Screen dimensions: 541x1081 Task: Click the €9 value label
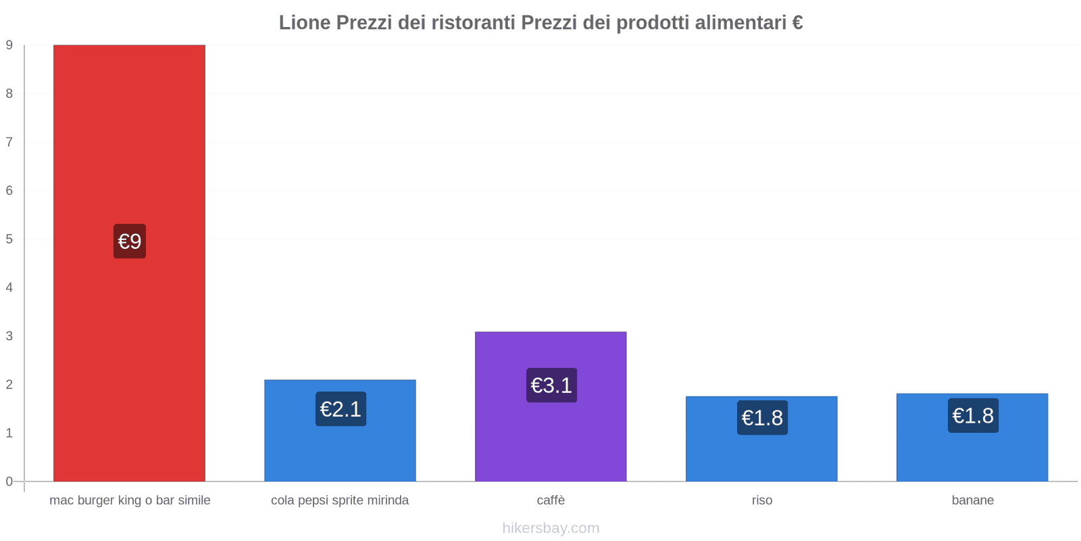[x=130, y=241]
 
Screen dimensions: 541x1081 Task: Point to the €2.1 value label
[x=341, y=409]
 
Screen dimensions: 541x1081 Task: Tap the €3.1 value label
[x=551, y=385]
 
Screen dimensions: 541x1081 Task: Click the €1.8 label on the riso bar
[x=762, y=418]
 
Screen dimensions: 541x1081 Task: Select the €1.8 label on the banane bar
[x=973, y=416]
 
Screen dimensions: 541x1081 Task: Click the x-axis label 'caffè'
[x=551, y=500]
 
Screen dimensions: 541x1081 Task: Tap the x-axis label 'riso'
[x=762, y=500]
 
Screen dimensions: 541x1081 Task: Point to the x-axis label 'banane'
[x=972, y=500]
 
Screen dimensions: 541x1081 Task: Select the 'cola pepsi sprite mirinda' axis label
[x=340, y=500]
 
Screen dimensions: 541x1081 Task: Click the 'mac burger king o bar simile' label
[x=130, y=500]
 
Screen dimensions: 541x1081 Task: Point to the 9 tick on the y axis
[x=9, y=45]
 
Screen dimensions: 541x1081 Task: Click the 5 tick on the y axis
[x=9, y=239]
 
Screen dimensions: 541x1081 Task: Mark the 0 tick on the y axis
[x=9, y=481]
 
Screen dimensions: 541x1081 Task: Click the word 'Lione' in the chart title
[x=305, y=23]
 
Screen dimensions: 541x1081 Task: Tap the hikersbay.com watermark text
[x=551, y=528]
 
